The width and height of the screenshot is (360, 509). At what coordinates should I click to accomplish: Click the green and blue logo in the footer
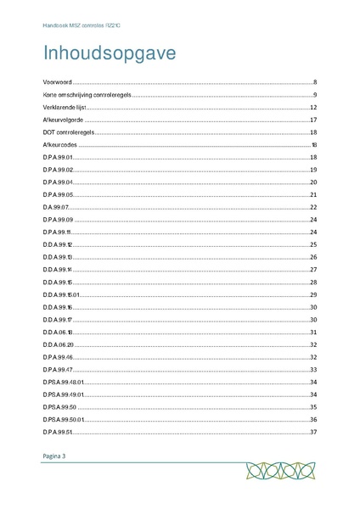tap(277, 471)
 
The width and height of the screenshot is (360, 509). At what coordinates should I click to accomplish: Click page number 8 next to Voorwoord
tap(314, 81)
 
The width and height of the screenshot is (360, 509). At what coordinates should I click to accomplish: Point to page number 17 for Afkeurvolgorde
tap(313, 120)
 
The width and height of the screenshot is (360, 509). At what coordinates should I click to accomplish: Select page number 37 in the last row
tap(313, 432)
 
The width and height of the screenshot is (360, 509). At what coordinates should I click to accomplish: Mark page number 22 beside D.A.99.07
tap(313, 207)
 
